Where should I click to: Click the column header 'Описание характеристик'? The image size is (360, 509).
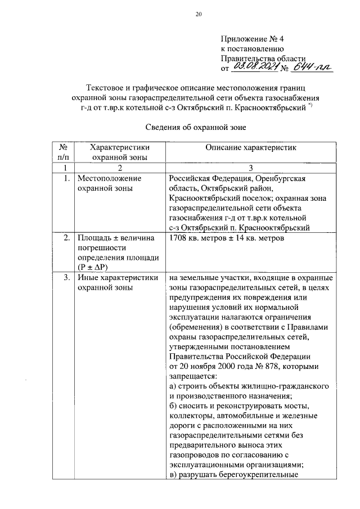point(250,147)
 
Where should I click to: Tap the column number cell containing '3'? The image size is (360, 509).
point(250,168)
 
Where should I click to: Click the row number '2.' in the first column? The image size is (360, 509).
point(66,238)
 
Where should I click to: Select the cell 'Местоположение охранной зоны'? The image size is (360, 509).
point(109,183)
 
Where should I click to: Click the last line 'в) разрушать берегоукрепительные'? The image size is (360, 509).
point(233,474)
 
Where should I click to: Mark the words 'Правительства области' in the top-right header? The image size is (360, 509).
point(263,58)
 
